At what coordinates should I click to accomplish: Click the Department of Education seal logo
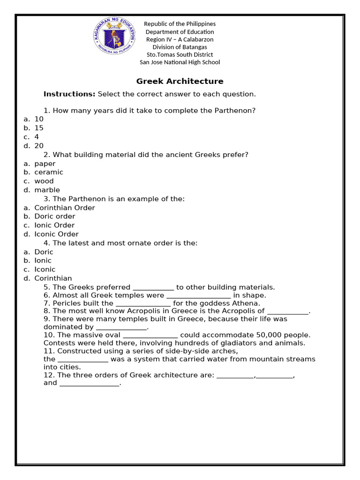tap(114, 37)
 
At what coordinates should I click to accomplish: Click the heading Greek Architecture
tap(180, 81)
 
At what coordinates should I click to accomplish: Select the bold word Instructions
tap(69, 94)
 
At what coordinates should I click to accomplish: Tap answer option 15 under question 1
tap(39, 128)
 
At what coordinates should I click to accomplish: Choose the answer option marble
tap(47, 190)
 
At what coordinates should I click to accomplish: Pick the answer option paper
tap(45, 164)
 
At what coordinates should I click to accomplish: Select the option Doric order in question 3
tap(54, 216)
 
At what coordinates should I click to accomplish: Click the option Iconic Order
tap(56, 234)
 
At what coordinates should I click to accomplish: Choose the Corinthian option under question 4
tap(53, 278)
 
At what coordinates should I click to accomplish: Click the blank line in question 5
tap(153, 288)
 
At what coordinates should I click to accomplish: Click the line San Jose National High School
tap(180, 62)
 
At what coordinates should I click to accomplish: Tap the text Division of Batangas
tap(180, 47)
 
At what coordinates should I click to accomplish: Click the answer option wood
tap(44, 181)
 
